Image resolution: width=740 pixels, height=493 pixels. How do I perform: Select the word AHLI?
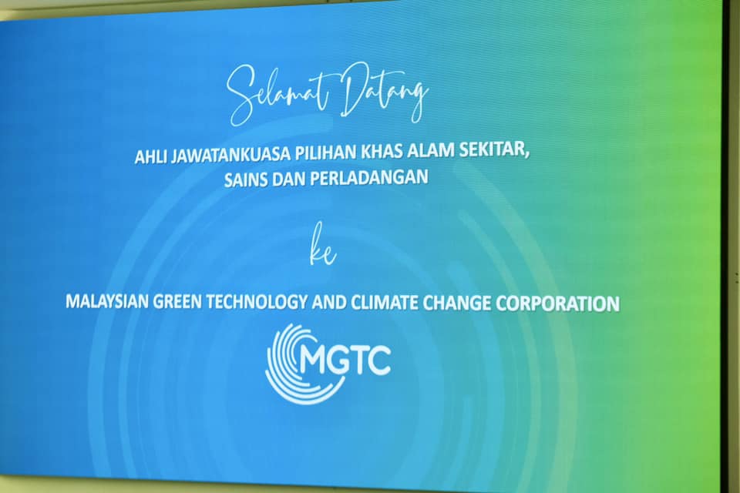click(x=150, y=156)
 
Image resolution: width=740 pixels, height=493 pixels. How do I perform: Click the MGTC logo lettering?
click(x=345, y=361)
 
